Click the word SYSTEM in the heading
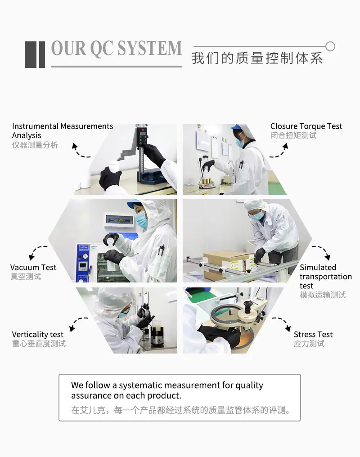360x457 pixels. click(150, 48)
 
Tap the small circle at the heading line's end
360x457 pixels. click(330, 46)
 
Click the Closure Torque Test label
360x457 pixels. click(306, 126)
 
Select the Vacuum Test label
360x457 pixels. click(33, 267)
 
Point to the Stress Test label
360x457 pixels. click(313, 334)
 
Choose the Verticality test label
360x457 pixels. click(38, 334)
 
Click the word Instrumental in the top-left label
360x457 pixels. click(35, 126)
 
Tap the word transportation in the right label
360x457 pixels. click(326, 277)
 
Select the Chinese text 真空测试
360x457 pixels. click(26, 277)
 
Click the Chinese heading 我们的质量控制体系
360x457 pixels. click(257, 58)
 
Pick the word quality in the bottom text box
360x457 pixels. click(249, 385)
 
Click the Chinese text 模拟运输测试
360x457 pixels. click(323, 295)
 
